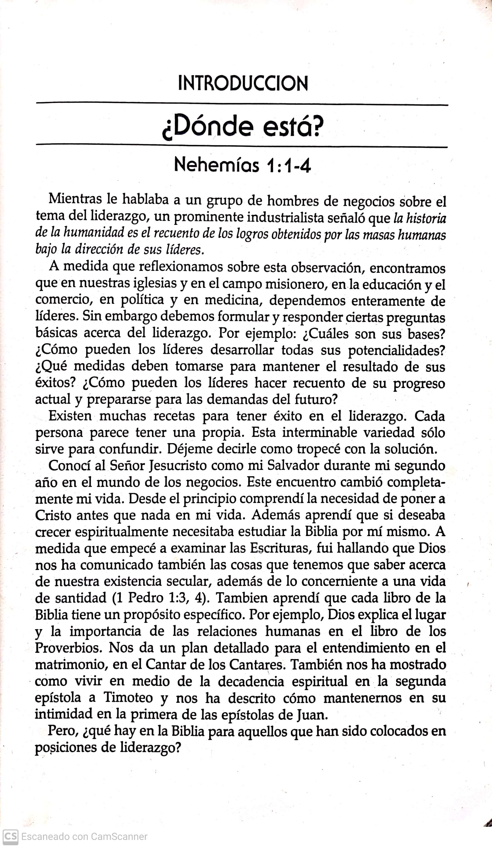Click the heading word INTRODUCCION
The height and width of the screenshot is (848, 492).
point(243,84)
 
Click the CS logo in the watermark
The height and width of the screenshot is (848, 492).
point(10,836)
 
